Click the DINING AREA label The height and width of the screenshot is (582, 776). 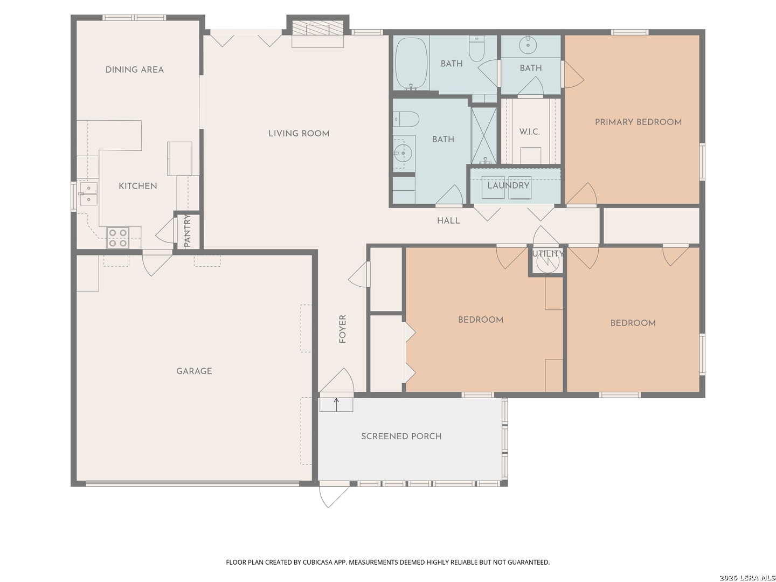click(x=134, y=70)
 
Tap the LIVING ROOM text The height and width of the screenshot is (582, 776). click(x=299, y=134)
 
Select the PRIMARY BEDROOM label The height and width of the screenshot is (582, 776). click(x=638, y=122)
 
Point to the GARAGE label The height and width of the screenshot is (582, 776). click(x=194, y=371)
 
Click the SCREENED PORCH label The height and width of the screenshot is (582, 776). click(x=401, y=436)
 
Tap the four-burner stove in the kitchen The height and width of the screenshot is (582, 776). click(x=117, y=238)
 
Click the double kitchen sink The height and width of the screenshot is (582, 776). click(x=88, y=193)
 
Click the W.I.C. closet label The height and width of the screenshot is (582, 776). click(x=529, y=132)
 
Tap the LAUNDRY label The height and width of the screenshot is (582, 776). click(x=508, y=185)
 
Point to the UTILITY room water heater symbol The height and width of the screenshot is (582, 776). click(x=548, y=262)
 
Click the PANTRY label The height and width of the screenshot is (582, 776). click(x=187, y=231)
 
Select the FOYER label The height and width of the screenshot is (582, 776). click(x=342, y=329)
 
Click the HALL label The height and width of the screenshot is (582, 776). click(x=448, y=221)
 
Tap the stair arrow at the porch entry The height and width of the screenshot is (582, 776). click(x=336, y=405)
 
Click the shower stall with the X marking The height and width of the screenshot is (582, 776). click(x=483, y=135)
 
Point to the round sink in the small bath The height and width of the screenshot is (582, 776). click(x=528, y=45)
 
